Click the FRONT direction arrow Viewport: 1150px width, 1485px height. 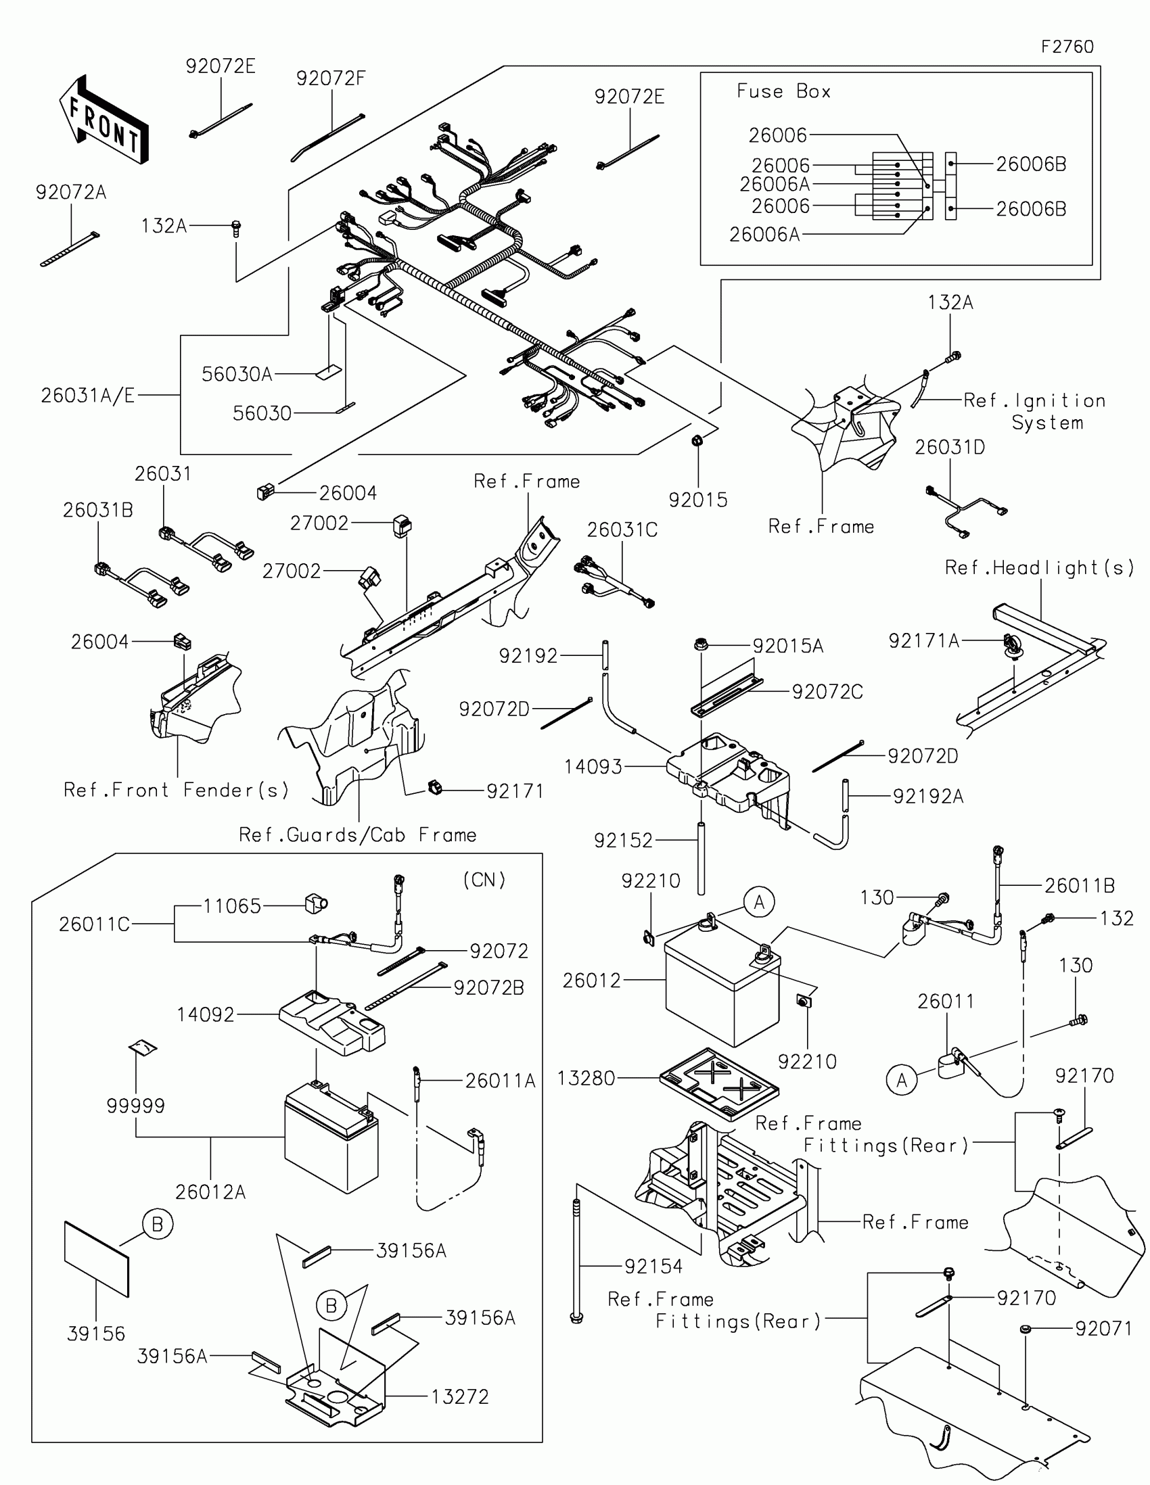pyautogui.click(x=104, y=120)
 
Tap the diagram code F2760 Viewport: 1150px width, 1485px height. pyautogui.click(x=1067, y=47)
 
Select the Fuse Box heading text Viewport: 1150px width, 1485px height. pyautogui.click(x=783, y=91)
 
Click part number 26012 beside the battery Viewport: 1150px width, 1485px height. pyautogui.click(x=592, y=981)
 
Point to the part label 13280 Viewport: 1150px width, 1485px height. pyautogui.click(x=586, y=1078)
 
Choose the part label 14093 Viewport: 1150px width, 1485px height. pyautogui.click(x=593, y=767)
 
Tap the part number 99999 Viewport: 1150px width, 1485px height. pyautogui.click(x=136, y=1106)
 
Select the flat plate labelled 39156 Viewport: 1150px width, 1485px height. pyautogui.click(x=97, y=1259)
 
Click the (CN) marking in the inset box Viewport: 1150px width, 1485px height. pyautogui.click(x=484, y=880)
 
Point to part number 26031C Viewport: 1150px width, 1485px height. pyautogui.click(x=622, y=529)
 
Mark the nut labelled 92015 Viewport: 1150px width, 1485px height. pyautogui.click(x=697, y=442)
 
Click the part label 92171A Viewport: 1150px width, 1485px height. pyautogui.click(x=923, y=640)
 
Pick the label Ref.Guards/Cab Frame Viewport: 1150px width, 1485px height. pyautogui.click(x=357, y=835)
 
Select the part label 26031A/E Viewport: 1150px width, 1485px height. pyautogui.click(x=88, y=395)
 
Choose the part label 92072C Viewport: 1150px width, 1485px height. pyautogui.click(x=827, y=692)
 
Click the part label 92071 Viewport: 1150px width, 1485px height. pyautogui.click(x=1103, y=1328)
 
